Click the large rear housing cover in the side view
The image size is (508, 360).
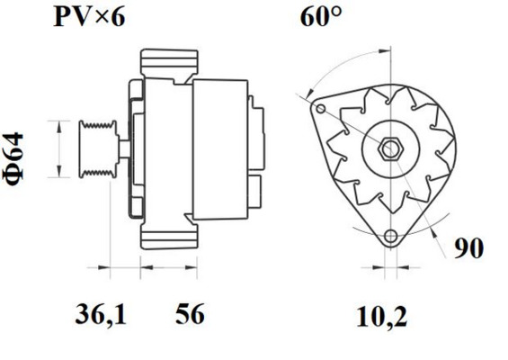coord(219,148)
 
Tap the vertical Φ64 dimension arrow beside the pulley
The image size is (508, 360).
coord(59,148)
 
